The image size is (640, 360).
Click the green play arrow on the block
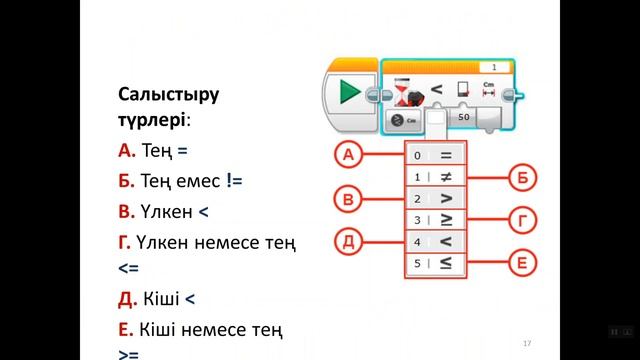click(350, 93)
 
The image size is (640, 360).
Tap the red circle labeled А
click(349, 155)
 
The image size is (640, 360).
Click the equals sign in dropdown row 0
click(445, 155)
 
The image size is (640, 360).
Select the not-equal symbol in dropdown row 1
click(445, 177)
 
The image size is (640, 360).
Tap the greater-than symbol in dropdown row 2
click(445, 199)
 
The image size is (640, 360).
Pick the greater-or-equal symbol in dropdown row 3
click(445, 220)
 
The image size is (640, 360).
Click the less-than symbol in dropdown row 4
click(445, 241)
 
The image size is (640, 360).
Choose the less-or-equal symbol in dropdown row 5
click(445, 263)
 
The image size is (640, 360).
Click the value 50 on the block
click(463, 117)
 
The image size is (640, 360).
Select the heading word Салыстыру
click(167, 95)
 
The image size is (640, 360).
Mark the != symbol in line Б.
click(235, 181)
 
